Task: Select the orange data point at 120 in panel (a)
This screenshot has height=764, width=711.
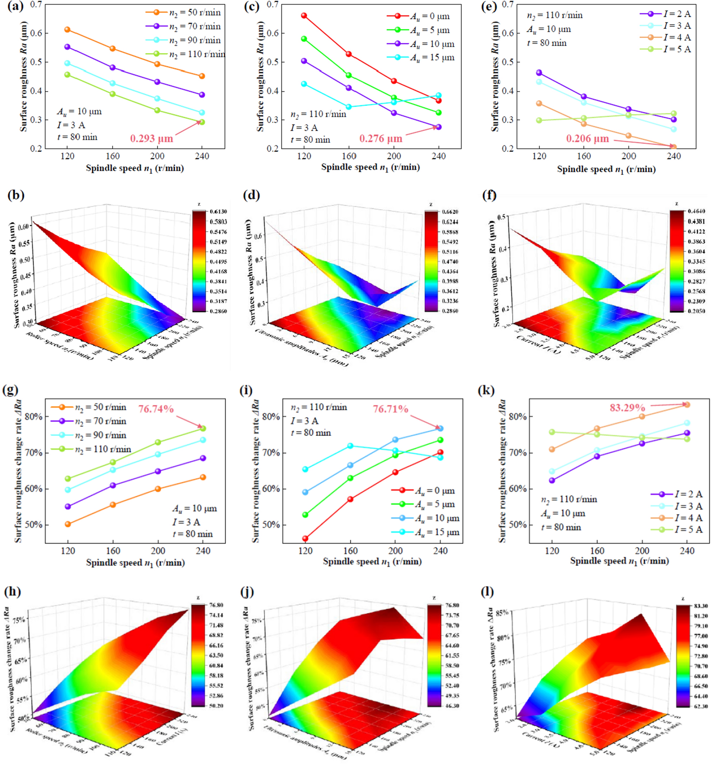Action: tap(67, 29)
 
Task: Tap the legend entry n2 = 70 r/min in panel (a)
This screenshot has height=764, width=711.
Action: tap(195, 27)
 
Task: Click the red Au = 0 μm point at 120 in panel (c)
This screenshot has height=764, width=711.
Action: tap(304, 16)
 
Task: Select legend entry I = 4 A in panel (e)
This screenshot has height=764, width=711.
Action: tap(677, 38)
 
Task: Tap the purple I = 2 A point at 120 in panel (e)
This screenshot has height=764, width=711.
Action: tap(539, 72)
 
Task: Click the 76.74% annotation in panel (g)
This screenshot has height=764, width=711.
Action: tap(156, 409)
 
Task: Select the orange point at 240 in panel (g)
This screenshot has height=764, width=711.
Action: tap(203, 477)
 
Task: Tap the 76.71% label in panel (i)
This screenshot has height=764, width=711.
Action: tap(390, 409)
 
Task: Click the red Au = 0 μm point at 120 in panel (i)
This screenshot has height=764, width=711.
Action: tap(306, 538)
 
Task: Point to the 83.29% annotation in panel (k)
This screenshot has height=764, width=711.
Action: tap(627, 407)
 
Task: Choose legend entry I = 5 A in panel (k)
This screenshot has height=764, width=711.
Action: tap(688, 529)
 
